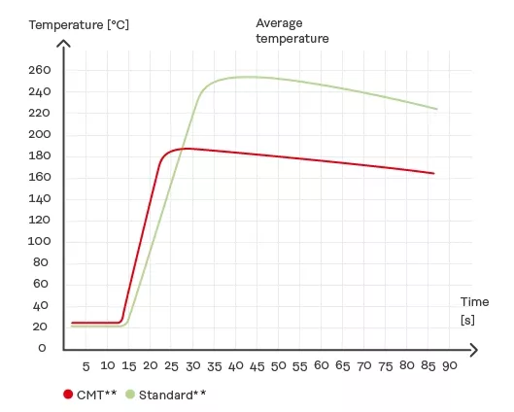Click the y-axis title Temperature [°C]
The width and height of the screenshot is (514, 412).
coord(80,23)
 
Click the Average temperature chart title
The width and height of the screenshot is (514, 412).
coord(292,30)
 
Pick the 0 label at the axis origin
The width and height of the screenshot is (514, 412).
coord(41,348)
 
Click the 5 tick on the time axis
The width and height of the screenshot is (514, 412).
coord(86,366)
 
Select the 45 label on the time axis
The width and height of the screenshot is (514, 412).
coord(256,366)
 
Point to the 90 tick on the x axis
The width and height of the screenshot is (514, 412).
coord(448,366)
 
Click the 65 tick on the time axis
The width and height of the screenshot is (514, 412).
coord(341,366)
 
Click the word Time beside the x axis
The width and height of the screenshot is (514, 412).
coord(474,302)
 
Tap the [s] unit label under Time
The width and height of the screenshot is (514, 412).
coord(467,320)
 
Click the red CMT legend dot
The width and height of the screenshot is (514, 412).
coord(68,395)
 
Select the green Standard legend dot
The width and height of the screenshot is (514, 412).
coord(130,395)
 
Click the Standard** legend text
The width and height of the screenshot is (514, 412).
coord(172,395)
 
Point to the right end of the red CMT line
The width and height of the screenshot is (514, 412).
coord(434,173)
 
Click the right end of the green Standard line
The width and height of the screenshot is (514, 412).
coord(437,109)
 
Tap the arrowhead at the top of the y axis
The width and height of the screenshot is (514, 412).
coord(64,43)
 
